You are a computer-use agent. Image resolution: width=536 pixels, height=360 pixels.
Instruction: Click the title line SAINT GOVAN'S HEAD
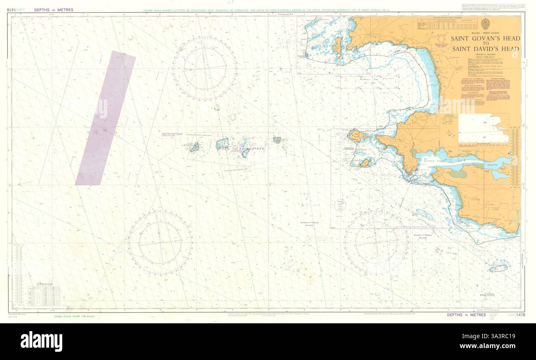pyautogui.click(x=485, y=39)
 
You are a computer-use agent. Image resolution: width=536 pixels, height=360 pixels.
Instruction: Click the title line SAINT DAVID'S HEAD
pyautogui.click(x=485, y=49)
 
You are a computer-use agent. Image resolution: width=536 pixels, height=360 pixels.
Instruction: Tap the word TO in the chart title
pyautogui.click(x=485, y=44)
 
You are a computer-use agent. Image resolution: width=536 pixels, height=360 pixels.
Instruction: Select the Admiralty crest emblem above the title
pyautogui.click(x=485, y=24)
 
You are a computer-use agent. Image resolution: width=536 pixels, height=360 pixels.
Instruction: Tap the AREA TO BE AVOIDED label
pyautogui.click(x=241, y=148)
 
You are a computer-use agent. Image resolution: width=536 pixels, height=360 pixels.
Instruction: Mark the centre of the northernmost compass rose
pyautogui.click(x=205, y=68)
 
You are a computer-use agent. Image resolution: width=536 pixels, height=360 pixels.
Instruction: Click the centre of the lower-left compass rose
pyautogui.click(x=160, y=243)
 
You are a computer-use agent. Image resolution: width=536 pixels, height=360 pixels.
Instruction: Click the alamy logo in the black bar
pyautogui.click(x=41, y=341)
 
